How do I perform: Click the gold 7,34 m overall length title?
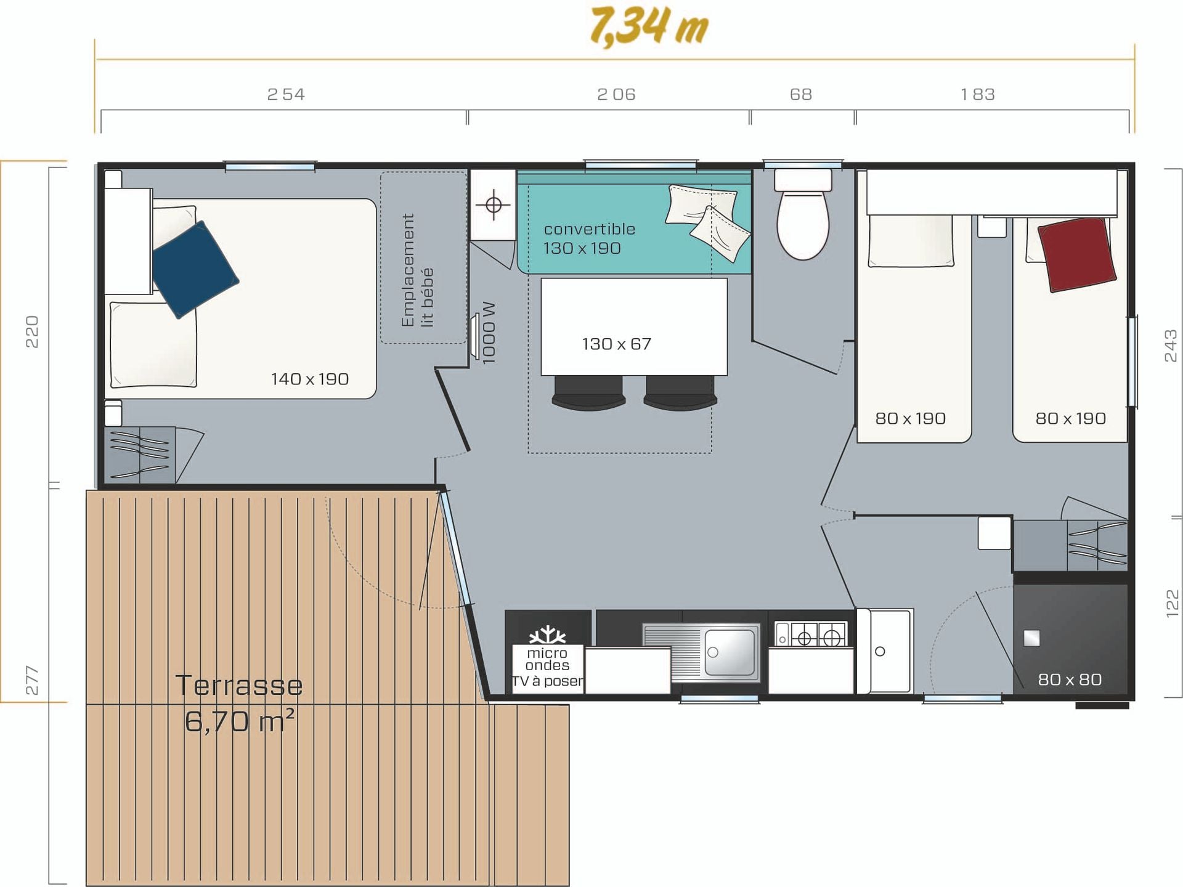click(649, 26)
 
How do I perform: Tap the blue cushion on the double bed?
click(195, 269)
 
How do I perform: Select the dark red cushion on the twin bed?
click(1077, 254)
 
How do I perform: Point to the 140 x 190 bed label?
click(310, 379)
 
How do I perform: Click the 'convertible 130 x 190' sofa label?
click(588, 238)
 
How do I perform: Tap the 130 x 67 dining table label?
click(616, 344)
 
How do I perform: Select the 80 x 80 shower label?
click(1070, 679)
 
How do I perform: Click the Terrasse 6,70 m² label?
click(240, 703)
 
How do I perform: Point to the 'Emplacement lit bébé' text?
click(417, 270)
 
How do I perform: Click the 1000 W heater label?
click(489, 333)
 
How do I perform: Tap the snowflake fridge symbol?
click(548, 635)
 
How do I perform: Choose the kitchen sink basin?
click(731, 652)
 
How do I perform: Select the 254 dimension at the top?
click(286, 94)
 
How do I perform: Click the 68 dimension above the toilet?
click(801, 94)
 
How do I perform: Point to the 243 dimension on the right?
click(1171, 346)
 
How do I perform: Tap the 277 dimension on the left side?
click(32, 680)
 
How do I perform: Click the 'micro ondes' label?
click(547, 659)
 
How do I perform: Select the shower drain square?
click(1031, 638)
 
